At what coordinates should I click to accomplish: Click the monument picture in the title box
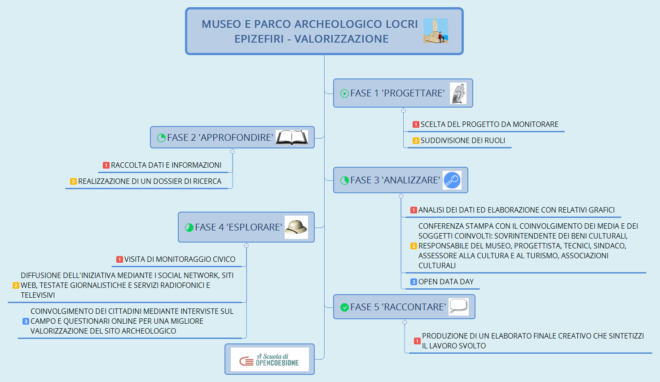click(x=436, y=31)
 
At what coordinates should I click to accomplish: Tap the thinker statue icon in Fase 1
click(x=458, y=93)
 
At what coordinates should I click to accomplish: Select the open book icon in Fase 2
click(x=292, y=138)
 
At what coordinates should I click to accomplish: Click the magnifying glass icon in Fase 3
click(x=452, y=180)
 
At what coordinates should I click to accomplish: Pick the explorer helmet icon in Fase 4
click(x=296, y=227)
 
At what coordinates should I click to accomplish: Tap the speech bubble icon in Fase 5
click(x=458, y=307)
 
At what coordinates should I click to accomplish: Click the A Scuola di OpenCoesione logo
click(x=269, y=359)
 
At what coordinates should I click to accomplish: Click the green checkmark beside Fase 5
click(x=344, y=307)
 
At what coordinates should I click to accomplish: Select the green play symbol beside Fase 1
click(x=344, y=94)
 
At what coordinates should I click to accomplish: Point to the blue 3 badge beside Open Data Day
click(x=414, y=282)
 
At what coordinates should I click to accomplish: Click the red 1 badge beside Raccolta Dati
click(x=106, y=165)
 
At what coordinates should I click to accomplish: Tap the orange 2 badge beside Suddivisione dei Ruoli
click(x=416, y=141)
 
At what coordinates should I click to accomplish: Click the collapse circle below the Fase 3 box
click(x=401, y=196)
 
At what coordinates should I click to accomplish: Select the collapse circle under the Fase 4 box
click(x=246, y=245)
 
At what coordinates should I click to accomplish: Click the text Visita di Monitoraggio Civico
click(x=180, y=259)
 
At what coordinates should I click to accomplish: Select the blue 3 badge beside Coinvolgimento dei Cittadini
click(x=26, y=321)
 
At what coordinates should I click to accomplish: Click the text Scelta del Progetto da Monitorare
click(x=489, y=125)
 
